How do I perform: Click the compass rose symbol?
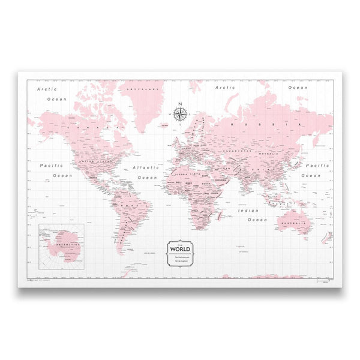point(179,111)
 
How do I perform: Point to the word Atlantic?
point(146,169)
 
